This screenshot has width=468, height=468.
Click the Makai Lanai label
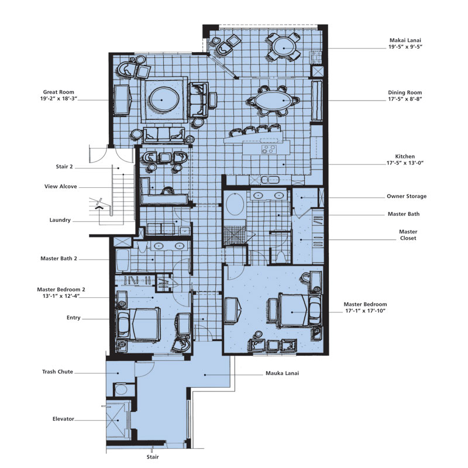(x=405, y=40)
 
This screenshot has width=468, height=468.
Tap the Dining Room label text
(x=405, y=92)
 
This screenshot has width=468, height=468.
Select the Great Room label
(x=58, y=92)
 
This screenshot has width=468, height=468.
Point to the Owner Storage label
(x=407, y=196)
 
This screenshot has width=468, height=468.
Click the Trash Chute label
(x=57, y=371)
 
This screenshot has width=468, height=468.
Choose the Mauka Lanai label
(x=282, y=373)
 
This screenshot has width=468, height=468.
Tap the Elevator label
(x=63, y=419)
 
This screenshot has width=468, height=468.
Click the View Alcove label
(x=61, y=187)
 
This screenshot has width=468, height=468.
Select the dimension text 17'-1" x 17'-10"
(x=365, y=311)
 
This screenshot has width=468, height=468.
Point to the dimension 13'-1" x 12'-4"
(x=61, y=296)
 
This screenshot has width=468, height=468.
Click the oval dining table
(x=273, y=100)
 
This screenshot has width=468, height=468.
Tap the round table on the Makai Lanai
(x=284, y=47)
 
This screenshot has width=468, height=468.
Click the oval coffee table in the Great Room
(x=164, y=99)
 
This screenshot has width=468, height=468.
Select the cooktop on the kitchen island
(x=269, y=149)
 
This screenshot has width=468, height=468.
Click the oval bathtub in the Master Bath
(x=235, y=204)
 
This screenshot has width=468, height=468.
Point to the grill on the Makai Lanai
(x=316, y=57)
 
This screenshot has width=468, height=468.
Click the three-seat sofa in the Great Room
(x=164, y=135)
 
